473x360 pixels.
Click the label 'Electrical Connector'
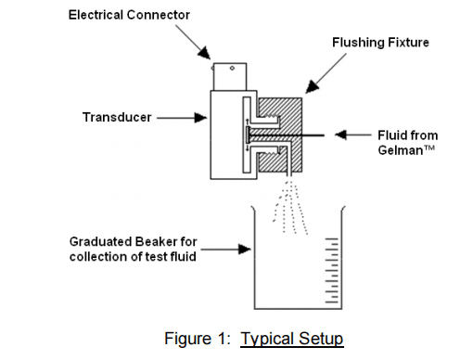129,15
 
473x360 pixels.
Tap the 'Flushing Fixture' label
380,43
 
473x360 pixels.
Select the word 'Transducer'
117,118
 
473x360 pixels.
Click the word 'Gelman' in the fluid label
401,150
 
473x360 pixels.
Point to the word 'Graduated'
100,241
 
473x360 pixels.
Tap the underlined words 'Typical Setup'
292,339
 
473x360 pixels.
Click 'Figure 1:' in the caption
198,338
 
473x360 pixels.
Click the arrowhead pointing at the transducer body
200,118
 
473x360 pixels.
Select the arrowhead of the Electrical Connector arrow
205,53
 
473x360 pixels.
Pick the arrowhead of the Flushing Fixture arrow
312,86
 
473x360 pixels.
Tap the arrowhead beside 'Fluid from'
341,135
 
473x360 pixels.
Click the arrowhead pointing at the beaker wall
245,249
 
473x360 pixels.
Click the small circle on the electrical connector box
232,68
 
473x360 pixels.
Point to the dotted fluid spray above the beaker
290,208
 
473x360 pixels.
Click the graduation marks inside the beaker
332,270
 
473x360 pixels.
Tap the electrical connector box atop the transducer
230,77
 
